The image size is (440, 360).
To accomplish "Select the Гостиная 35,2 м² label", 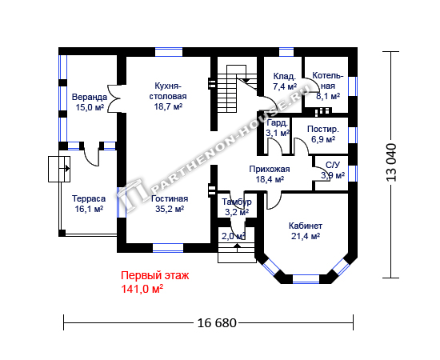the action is click(170, 204).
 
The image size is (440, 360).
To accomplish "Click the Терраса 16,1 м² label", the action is click(89, 204).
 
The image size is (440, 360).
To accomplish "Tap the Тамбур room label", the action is click(237, 202).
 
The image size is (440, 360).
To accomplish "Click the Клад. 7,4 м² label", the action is click(285, 82).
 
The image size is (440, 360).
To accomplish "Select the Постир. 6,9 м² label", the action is click(323, 134).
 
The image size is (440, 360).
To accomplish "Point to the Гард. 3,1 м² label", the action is click(278, 128).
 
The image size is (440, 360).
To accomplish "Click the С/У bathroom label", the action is click(333, 165).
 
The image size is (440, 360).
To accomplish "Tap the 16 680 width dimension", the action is click(217, 323).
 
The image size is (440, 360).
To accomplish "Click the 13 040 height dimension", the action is click(392, 162).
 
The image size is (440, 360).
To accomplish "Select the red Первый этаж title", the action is click(155, 275).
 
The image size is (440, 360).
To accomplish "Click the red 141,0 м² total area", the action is click(142, 289).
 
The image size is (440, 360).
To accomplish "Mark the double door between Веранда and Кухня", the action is click(114, 98).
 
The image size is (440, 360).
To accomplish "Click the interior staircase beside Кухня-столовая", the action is click(237, 89).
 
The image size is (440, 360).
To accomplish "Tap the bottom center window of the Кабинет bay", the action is click(306, 279).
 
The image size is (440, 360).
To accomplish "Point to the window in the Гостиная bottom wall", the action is click(168, 248).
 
